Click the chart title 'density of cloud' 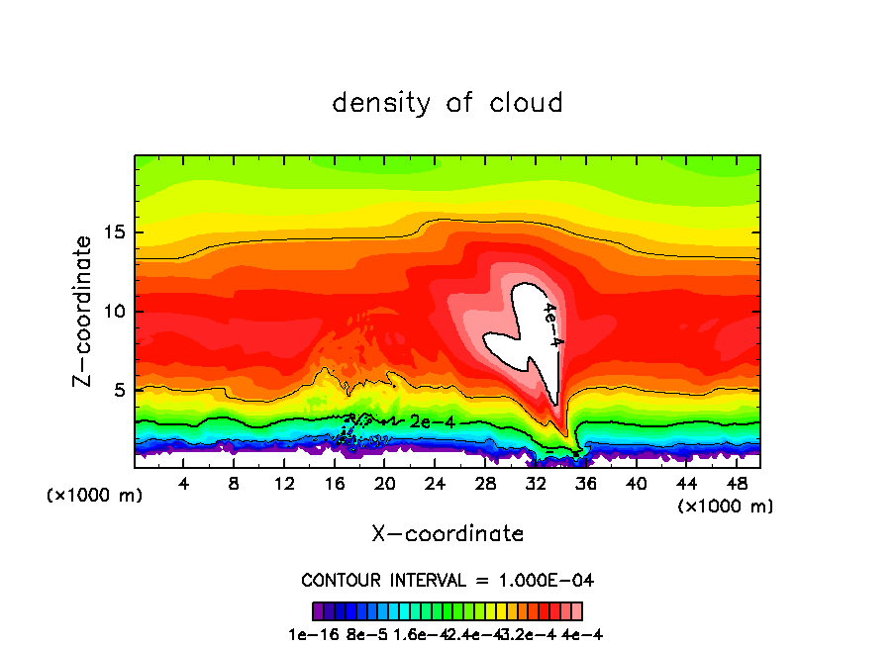tap(447, 103)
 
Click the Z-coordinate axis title tap(84, 311)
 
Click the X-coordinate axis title tap(447, 534)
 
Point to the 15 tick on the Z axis tap(117, 233)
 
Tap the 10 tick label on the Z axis tap(117, 312)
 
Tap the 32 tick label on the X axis tap(536, 484)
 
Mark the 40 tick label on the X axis tap(636, 484)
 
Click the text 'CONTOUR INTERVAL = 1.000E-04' tap(447, 580)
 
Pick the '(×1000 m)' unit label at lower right tap(726, 507)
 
